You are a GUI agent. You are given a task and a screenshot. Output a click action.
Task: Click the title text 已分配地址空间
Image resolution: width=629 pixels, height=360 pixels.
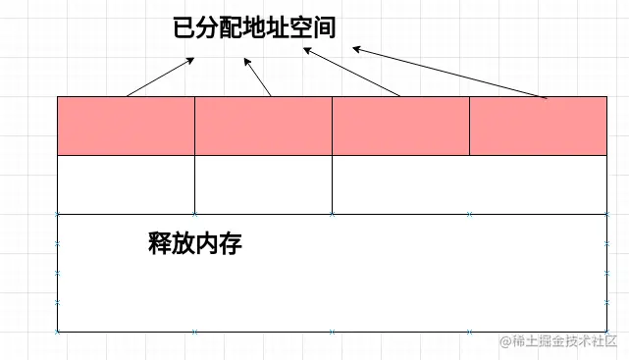click(x=254, y=28)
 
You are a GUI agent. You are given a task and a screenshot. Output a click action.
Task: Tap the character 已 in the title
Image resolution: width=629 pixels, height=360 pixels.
click(x=183, y=28)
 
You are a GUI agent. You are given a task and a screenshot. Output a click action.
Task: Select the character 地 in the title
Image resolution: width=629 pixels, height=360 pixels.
click(x=254, y=28)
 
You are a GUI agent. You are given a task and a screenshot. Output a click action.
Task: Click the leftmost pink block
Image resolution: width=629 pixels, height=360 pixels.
click(x=126, y=126)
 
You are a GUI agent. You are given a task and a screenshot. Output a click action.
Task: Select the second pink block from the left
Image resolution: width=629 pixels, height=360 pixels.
click(x=263, y=126)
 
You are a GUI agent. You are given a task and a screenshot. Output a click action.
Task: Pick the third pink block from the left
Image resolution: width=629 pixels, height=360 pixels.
click(x=400, y=126)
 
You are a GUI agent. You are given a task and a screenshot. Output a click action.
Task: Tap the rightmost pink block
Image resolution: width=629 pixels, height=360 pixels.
click(x=538, y=126)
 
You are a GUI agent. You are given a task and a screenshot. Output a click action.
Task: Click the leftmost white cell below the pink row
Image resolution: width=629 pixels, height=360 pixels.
click(x=126, y=184)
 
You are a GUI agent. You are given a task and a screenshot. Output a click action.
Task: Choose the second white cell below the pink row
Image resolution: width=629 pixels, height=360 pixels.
click(x=263, y=184)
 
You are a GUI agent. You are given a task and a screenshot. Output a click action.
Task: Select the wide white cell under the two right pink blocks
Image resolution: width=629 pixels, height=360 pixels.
click(x=469, y=184)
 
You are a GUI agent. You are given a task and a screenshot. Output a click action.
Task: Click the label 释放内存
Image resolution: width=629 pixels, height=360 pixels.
click(x=194, y=244)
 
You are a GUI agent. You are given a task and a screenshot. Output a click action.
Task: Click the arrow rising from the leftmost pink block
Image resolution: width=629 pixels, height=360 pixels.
click(x=161, y=77)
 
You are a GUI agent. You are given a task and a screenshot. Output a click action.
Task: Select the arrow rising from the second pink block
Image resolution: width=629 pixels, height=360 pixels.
click(x=257, y=77)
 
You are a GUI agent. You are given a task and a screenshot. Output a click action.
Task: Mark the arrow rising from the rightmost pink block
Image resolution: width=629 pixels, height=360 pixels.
click(x=449, y=73)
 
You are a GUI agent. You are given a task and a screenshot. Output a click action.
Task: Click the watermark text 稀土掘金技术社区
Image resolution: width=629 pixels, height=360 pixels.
click(x=565, y=341)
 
